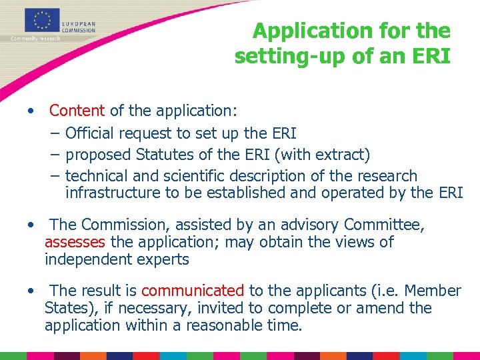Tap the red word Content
tap(77, 110)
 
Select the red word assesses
tap(75, 242)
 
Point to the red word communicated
tap(193, 291)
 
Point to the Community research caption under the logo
tap(35, 39)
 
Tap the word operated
tap(381, 193)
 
